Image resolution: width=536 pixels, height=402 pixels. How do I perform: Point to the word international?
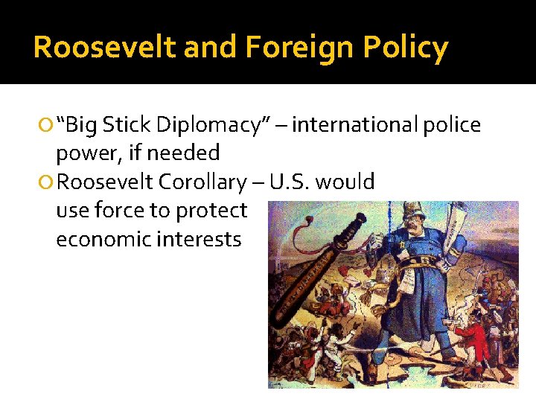pos(356,125)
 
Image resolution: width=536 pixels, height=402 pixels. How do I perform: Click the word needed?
pos(184,153)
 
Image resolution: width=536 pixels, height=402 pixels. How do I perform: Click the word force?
pos(118,211)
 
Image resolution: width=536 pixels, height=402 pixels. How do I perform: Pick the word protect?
pos(211,211)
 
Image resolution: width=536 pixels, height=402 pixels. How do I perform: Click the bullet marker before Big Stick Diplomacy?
pos(48,126)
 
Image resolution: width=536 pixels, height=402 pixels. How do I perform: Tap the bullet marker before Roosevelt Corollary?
pos(48,182)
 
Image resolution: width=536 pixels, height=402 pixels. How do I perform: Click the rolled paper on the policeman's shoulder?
pos(453,223)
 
